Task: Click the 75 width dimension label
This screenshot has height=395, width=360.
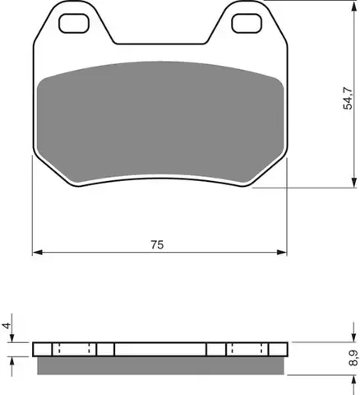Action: click(x=157, y=244)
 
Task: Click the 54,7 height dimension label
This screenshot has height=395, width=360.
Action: click(x=348, y=99)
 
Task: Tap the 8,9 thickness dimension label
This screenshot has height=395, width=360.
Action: click(x=353, y=358)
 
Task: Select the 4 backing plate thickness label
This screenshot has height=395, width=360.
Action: click(x=7, y=326)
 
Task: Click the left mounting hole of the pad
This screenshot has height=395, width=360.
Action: click(x=74, y=23)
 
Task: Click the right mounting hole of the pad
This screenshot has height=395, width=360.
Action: click(x=247, y=23)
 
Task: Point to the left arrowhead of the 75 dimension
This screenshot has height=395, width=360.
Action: click(x=38, y=253)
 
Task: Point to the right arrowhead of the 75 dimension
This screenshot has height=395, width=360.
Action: click(x=282, y=253)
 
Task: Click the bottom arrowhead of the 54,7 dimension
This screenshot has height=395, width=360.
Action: click(x=353, y=183)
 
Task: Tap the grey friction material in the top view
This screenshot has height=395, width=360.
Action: click(x=160, y=122)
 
